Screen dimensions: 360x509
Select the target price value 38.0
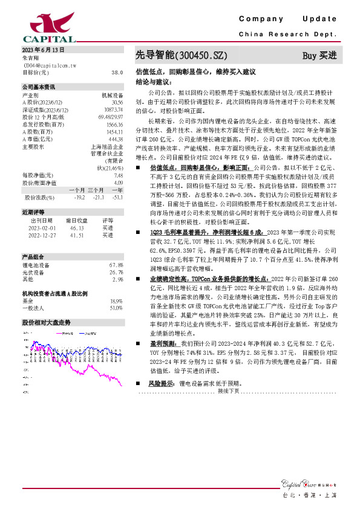click(117, 72)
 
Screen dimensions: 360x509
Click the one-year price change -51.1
click(117, 197)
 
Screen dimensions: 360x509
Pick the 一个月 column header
click(77, 190)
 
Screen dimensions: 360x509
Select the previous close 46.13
click(77, 227)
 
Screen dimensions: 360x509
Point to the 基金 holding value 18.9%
click(117, 300)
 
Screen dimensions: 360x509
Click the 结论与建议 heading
click(154, 80)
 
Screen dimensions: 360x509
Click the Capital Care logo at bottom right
click(309, 482)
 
